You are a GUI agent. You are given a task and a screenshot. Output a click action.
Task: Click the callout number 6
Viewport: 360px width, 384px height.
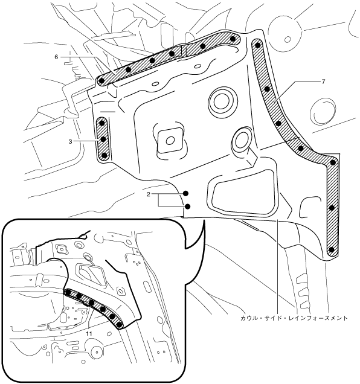coord(56,57)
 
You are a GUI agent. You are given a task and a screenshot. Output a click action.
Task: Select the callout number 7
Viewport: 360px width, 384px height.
coord(323,82)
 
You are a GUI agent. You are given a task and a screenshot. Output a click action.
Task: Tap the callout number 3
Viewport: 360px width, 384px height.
coord(70,141)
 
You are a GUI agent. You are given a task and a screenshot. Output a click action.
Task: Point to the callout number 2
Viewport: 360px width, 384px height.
coord(148,194)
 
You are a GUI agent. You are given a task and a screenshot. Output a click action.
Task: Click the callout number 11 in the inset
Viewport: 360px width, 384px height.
coord(89,333)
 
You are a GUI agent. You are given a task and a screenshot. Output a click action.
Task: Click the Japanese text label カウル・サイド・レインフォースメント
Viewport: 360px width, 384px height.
coord(294,318)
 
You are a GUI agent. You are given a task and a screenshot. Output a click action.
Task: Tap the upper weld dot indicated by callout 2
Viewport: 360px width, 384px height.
coord(186,193)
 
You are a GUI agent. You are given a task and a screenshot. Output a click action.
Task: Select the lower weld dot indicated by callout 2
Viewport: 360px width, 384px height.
coord(188,206)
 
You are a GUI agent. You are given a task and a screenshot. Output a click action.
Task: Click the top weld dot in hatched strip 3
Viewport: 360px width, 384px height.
coord(102,123)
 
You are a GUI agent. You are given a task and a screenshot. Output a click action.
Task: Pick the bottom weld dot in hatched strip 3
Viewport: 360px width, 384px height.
coord(104,155)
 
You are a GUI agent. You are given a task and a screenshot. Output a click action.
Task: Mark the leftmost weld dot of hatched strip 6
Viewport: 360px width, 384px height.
coord(102,80)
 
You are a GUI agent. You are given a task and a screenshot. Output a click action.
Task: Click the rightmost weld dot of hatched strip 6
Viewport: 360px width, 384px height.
coord(233,39)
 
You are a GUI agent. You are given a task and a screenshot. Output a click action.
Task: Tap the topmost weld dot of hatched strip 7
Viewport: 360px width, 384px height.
coord(257,45)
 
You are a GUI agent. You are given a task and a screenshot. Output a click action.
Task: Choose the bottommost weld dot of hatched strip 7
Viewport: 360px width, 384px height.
coord(332,250)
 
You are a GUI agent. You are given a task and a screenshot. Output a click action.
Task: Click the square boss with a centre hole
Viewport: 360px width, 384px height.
coord(170,140)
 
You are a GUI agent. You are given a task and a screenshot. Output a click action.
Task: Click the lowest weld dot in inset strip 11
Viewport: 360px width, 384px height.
coord(120,325)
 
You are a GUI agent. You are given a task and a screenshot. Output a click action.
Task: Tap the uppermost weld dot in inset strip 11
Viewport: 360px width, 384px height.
coord(69,292)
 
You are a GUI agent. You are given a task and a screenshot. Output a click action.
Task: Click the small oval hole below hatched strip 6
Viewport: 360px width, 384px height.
coord(155,85)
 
